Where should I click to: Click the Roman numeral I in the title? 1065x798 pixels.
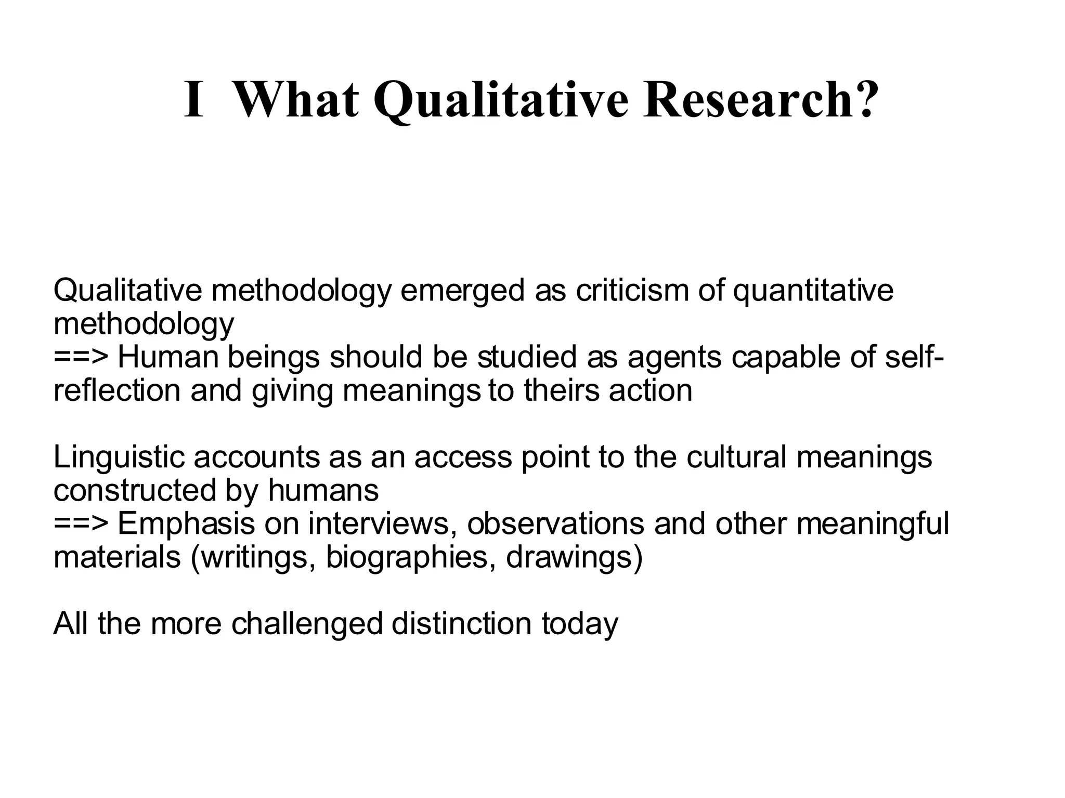193,100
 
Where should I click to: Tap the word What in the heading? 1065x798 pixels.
296,100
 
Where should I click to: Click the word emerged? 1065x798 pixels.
462,291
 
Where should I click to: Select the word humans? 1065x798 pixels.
323,490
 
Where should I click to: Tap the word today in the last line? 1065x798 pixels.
580,624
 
